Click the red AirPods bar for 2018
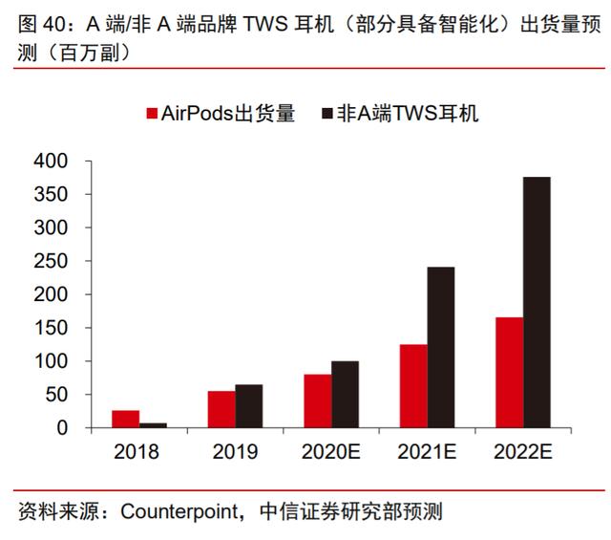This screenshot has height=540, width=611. coord(125,419)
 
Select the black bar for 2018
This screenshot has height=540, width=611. coord(153,425)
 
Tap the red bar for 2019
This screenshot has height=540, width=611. coord(221,409)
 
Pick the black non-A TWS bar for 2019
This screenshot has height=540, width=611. coord(249,406)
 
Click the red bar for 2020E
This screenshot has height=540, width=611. coord(318,401)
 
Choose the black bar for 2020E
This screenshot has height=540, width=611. coord(346,395)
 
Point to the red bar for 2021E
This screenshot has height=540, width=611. coord(413,386)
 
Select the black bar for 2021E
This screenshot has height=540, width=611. coord(441,348)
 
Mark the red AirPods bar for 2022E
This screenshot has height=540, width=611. coord(510,373)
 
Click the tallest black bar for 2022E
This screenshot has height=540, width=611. coord(537,302)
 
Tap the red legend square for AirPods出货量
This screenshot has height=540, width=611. coord(152,114)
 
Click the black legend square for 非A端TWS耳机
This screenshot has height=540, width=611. coord(327,114)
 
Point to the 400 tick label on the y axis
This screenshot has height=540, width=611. coord(51,161)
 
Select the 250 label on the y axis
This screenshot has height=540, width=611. coord(51,261)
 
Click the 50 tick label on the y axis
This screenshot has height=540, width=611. coord(56,395)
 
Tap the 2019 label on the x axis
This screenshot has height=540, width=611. coord(235,452)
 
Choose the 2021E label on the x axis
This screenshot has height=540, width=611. coord(427,452)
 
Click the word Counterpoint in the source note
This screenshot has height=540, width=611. coord(179,511)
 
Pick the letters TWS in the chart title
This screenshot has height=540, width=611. coord(265,24)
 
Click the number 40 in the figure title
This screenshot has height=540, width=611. coord(54,24)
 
